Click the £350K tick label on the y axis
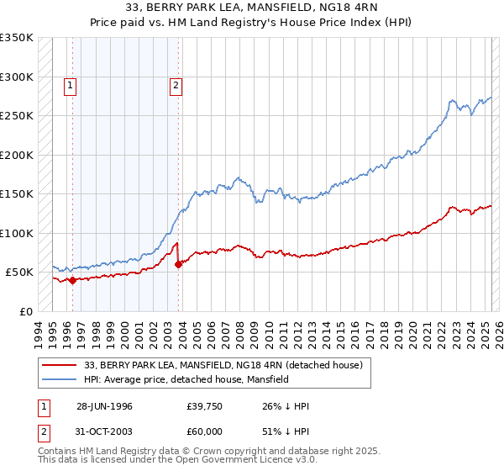click(17, 38)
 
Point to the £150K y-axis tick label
click(17, 194)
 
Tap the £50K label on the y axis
click(19, 273)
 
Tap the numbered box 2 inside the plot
click(176, 84)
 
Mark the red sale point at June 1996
click(73, 281)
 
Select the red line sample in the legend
click(60, 365)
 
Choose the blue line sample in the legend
click(60, 379)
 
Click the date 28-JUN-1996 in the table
click(104, 406)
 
